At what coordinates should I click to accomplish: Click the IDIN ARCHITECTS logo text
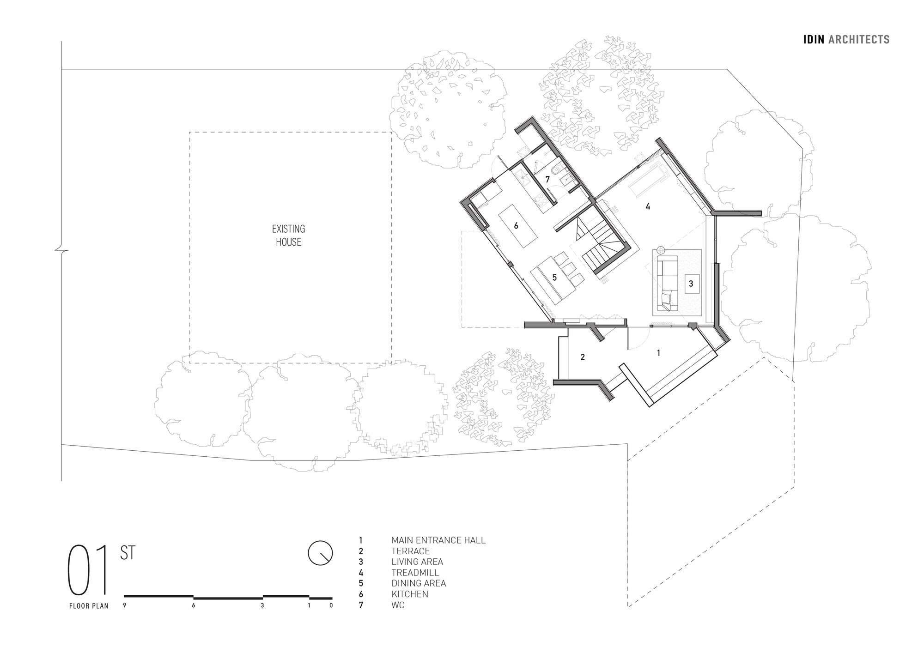pyautogui.click(x=846, y=40)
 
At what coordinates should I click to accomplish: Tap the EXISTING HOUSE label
pyautogui.click(x=288, y=235)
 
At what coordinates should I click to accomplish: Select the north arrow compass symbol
pyautogui.click(x=320, y=552)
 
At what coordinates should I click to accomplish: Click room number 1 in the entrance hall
pyautogui.click(x=658, y=353)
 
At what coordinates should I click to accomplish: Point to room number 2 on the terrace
pyautogui.click(x=583, y=357)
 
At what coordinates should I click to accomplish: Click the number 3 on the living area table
pyautogui.click(x=691, y=284)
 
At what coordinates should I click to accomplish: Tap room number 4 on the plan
pyautogui.click(x=648, y=207)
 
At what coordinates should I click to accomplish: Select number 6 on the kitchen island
pyautogui.click(x=516, y=226)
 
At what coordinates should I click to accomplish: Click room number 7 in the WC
pyautogui.click(x=547, y=180)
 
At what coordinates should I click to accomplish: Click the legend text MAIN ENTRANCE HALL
pyautogui.click(x=438, y=540)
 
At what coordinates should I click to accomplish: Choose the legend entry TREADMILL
pyautogui.click(x=415, y=573)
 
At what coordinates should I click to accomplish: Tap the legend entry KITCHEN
pyautogui.click(x=409, y=594)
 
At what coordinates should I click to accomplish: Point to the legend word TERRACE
pyautogui.click(x=410, y=551)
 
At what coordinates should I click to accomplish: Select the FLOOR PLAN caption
pyautogui.click(x=89, y=606)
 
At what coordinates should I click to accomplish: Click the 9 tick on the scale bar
pyautogui.click(x=124, y=605)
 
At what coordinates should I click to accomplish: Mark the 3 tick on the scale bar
pyautogui.click(x=262, y=605)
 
